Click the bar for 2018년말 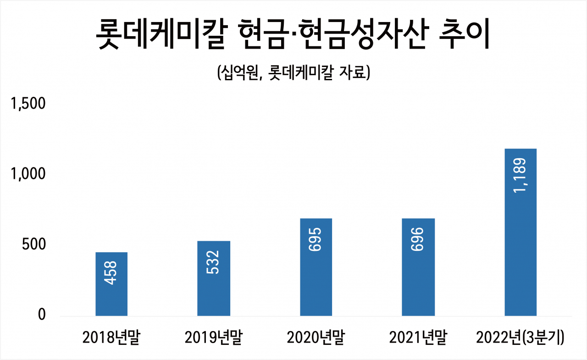(111, 284)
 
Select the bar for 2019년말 (214, 278)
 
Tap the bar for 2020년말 (316, 267)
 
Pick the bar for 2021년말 (418, 267)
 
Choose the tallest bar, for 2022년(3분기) (521, 233)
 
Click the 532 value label (212, 262)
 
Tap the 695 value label (315, 239)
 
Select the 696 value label (417, 239)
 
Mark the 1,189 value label (520, 175)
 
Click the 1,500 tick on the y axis (28, 104)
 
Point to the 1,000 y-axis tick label (28, 174)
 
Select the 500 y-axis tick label (34, 244)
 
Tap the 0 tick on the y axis (42, 315)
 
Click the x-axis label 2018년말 (111, 338)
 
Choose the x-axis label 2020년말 (316, 338)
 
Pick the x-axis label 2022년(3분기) (520, 338)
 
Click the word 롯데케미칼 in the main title (161, 33)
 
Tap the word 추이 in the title (464, 33)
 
